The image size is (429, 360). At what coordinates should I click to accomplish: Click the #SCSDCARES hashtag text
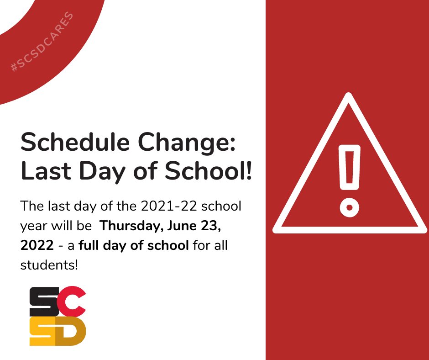pyautogui.click(x=42, y=42)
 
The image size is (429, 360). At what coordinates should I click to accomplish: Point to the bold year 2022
pyautogui.click(x=37, y=246)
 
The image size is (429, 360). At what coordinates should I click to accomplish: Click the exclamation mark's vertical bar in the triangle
pyautogui.click(x=349, y=169)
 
